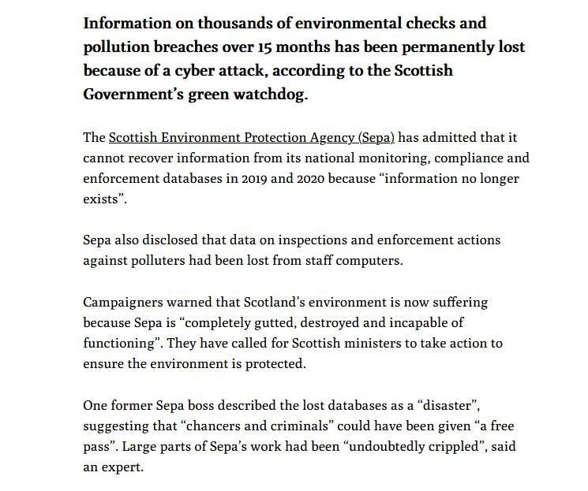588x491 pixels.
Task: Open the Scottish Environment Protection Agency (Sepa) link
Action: point(251,138)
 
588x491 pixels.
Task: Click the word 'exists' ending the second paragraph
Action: point(102,199)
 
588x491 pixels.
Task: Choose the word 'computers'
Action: point(373,260)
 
